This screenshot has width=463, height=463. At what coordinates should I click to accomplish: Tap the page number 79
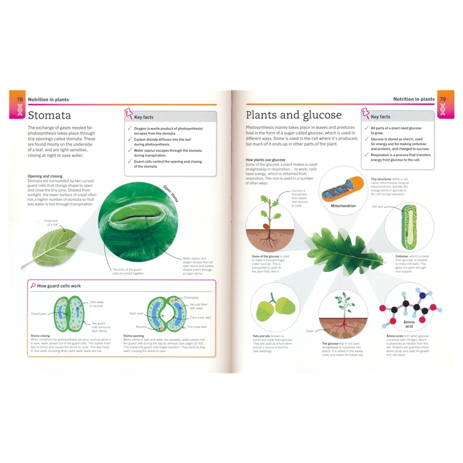click(x=443, y=99)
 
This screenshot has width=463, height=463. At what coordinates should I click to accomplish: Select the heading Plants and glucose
click(x=294, y=115)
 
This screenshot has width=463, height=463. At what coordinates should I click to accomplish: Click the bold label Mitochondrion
click(x=343, y=205)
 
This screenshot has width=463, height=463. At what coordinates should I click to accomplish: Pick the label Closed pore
click(x=39, y=314)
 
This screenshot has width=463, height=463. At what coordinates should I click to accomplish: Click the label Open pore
click(x=137, y=313)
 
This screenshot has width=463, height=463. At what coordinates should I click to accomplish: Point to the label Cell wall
click(x=378, y=206)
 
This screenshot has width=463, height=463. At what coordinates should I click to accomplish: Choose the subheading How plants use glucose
click(x=266, y=159)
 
